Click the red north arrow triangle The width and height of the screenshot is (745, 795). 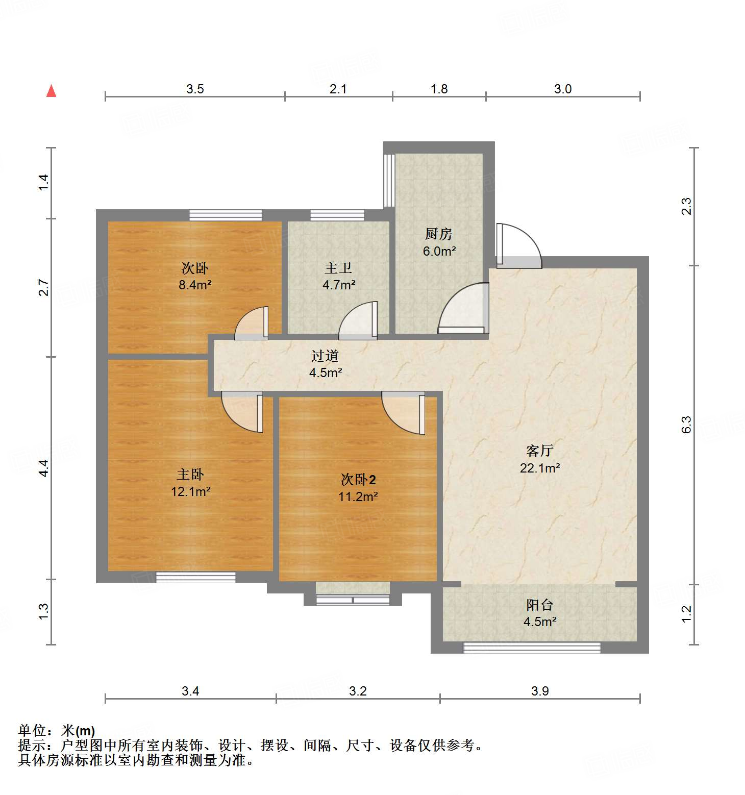[x=51, y=91]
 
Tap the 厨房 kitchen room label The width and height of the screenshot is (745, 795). [x=439, y=234]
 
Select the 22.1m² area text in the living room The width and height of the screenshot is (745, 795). [x=540, y=468]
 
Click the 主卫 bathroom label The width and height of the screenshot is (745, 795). [x=338, y=268]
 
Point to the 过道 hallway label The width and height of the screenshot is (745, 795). [x=325, y=356]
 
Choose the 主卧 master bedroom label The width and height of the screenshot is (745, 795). [x=190, y=475]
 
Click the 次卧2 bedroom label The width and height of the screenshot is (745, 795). [x=358, y=480]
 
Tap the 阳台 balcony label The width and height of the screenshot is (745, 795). [x=540, y=605]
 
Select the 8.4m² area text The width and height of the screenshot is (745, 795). [x=195, y=285]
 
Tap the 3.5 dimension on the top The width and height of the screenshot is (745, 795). [x=195, y=89]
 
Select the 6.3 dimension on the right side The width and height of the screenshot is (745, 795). [x=686, y=425]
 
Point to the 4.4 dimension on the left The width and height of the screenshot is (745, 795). [x=44, y=468]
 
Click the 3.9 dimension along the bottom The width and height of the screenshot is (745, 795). [x=540, y=691]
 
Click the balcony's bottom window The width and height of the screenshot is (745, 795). [x=532, y=648]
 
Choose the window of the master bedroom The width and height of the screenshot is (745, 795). [x=195, y=577]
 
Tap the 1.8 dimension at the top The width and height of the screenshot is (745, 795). [x=439, y=89]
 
